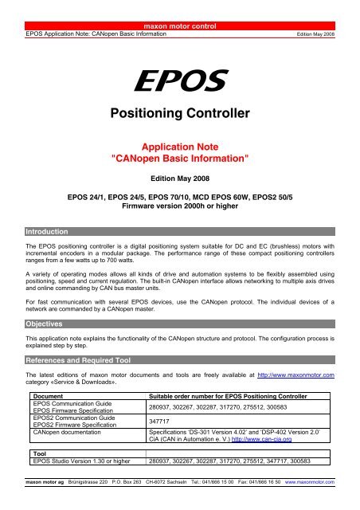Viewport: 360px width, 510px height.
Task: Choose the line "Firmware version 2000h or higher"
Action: coord(179,206)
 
